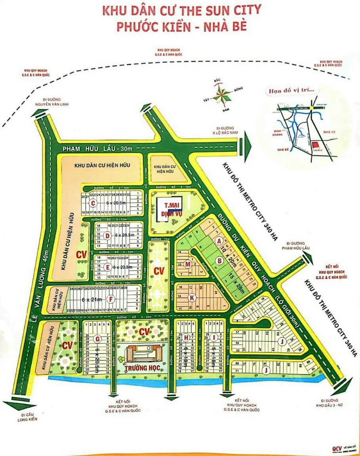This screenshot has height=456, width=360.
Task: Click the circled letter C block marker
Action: [x=93, y=204]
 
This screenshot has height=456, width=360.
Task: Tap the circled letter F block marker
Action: [x=112, y=299]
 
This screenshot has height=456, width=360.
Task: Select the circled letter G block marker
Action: [x=97, y=338]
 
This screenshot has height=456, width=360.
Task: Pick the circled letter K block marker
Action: [x=192, y=297]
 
